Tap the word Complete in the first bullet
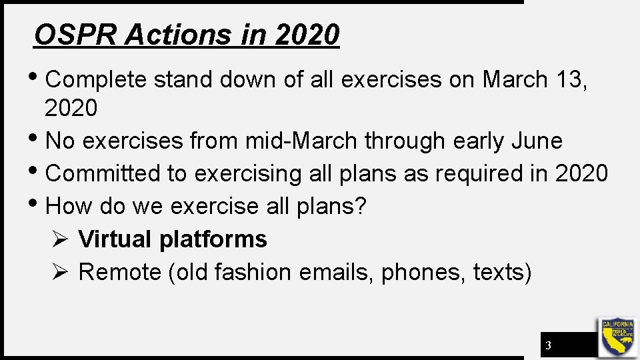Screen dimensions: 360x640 pyautogui.click(x=96, y=79)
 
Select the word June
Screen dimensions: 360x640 pyautogui.click(x=537, y=141)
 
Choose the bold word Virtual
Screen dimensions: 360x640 pyautogui.click(x=115, y=239)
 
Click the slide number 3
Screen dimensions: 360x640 pyautogui.click(x=548, y=345)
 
